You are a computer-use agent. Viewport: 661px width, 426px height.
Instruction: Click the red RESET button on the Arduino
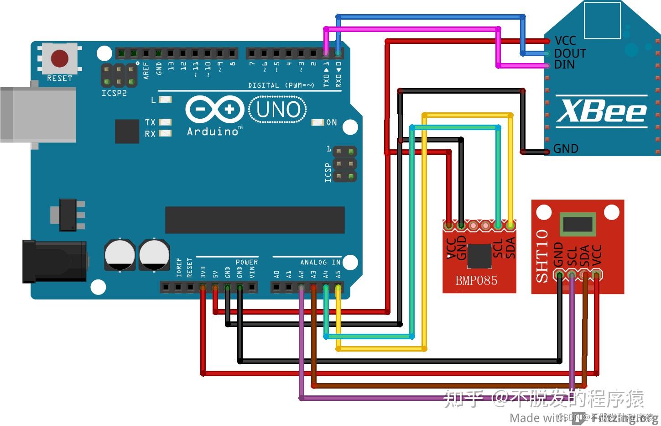point(60,58)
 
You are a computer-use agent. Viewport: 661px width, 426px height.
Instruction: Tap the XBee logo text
point(601,111)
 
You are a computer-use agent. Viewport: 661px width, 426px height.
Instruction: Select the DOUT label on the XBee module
point(570,53)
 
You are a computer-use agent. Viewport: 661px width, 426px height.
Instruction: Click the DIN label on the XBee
point(564,65)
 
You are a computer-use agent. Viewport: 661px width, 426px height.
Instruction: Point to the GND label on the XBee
point(566,149)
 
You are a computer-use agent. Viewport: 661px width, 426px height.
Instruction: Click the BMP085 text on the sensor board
point(476,280)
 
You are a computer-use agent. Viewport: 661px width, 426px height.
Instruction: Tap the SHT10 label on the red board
point(541,256)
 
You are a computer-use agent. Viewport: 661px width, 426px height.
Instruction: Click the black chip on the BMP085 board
point(479,256)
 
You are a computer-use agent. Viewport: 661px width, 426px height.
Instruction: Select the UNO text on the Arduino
point(278,110)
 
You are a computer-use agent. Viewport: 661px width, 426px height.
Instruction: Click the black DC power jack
point(55,262)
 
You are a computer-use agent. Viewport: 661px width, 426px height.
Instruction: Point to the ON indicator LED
point(317,122)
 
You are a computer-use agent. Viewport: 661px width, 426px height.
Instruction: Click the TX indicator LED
point(165,122)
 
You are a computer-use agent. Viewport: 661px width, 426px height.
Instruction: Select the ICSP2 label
point(114,93)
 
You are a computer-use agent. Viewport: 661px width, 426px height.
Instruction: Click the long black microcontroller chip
point(255,220)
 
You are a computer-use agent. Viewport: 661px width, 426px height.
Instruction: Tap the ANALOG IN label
point(320,262)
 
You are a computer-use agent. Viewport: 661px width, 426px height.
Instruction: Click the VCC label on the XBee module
point(565,41)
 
